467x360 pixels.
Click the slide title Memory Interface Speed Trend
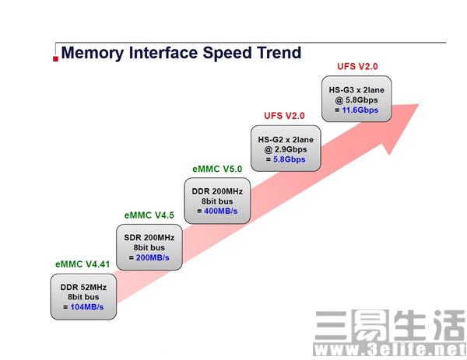click(181, 53)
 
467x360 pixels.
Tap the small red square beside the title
click(54, 58)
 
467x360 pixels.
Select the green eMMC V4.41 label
click(81, 264)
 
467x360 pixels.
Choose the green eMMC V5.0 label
click(218, 168)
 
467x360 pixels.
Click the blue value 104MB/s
click(86, 307)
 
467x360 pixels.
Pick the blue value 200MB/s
click(153, 257)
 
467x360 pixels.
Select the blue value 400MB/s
click(223, 211)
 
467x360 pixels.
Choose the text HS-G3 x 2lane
click(356, 89)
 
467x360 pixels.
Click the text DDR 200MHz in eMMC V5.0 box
click(218, 190)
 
